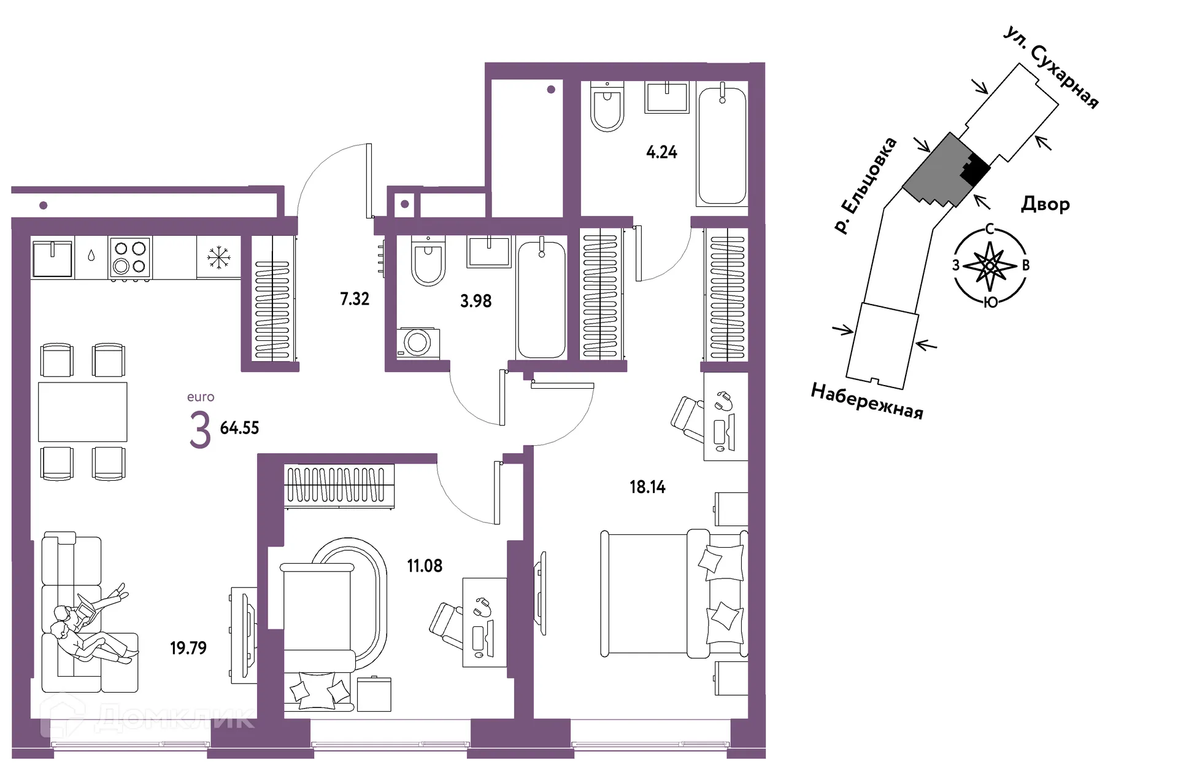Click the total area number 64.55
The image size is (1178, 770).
click(239, 428)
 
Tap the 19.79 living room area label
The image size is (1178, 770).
click(188, 648)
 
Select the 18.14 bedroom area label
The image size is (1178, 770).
click(647, 487)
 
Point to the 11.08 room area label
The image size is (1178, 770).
click(425, 566)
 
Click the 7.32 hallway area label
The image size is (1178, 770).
click(355, 299)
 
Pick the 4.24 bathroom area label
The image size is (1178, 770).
click(661, 152)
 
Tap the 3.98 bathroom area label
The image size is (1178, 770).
click(476, 301)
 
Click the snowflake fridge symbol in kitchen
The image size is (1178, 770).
click(218, 257)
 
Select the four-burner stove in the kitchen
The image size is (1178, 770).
click(130, 258)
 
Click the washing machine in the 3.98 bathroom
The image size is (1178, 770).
click(418, 343)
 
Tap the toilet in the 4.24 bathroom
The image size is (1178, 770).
click(607, 107)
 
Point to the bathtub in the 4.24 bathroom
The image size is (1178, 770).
click(722, 144)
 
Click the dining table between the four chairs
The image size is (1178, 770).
click(83, 412)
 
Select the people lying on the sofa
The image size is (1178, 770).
click(92, 626)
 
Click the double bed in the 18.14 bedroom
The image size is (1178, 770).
click(674, 594)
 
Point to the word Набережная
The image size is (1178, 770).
click(867, 401)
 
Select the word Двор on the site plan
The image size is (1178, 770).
click(1045, 204)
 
